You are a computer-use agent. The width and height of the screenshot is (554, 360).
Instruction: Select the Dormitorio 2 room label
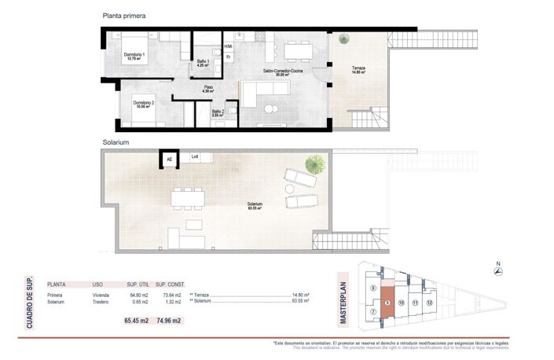tap(142, 103)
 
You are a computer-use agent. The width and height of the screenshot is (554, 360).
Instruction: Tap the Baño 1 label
tap(203, 62)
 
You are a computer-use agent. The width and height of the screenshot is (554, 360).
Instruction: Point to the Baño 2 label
tap(218, 112)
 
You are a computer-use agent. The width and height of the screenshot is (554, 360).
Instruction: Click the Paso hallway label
tap(208, 89)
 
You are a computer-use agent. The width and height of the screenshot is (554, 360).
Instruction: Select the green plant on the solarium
tap(316, 164)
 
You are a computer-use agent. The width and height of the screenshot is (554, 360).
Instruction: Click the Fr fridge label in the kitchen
tap(228, 57)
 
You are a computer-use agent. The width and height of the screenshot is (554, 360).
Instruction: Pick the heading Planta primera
tap(124, 15)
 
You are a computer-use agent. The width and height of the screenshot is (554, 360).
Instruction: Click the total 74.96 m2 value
tap(169, 320)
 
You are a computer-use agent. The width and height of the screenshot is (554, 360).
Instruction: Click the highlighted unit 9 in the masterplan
tap(387, 303)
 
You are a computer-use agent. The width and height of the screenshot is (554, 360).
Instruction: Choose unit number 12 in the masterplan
tap(429, 302)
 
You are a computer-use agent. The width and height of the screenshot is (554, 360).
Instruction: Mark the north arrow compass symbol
tap(497, 271)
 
